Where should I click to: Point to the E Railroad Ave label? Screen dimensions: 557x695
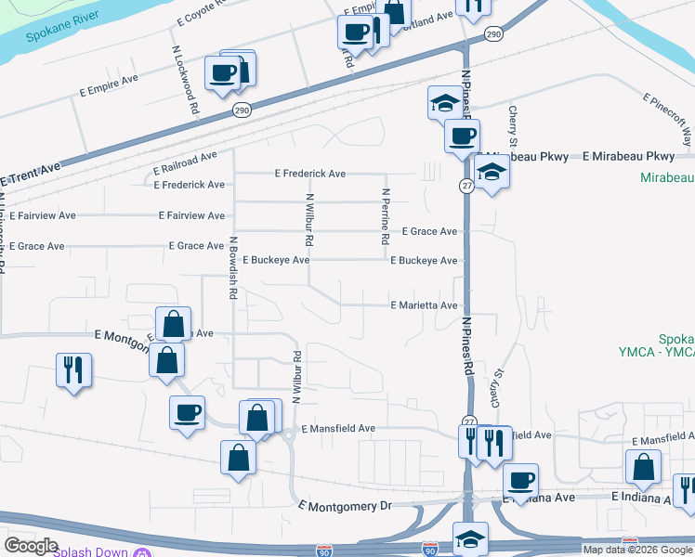tap(185, 164)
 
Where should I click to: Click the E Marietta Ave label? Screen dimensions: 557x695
tap(424, 304)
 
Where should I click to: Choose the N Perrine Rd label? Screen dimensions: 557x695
tap(385, 216)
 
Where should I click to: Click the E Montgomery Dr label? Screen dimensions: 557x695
tap(347, 506)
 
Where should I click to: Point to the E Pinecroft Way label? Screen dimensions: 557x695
tap(670, 117)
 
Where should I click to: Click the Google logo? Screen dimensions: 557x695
tap(31, 546)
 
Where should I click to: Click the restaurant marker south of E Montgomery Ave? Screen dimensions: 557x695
tap(72, 369)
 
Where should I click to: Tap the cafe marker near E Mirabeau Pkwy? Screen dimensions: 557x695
tap(462, 136)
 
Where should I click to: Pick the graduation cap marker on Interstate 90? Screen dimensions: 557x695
tap(470, 538)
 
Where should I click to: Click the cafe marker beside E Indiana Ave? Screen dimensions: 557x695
tap(520, 480)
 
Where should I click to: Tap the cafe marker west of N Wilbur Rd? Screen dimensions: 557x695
tap(187, 411)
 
